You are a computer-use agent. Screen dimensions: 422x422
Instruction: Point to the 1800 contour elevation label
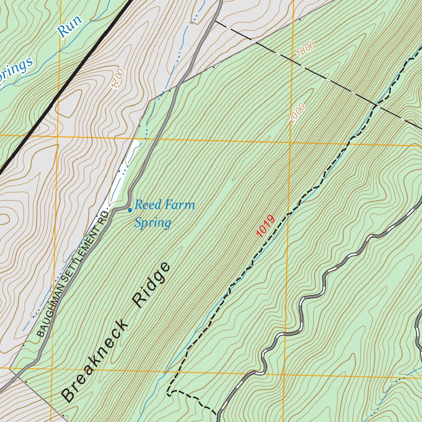click(305, 49)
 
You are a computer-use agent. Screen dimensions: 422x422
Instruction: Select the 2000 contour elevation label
click(297, 113)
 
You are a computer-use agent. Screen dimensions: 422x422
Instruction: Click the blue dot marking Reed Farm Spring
click(130, 210)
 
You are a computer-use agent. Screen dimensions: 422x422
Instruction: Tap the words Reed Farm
click(165, 205)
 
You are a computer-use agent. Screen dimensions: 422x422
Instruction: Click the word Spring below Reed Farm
click(152, 223)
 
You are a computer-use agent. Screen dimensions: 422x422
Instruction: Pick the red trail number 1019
click(265, 226)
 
